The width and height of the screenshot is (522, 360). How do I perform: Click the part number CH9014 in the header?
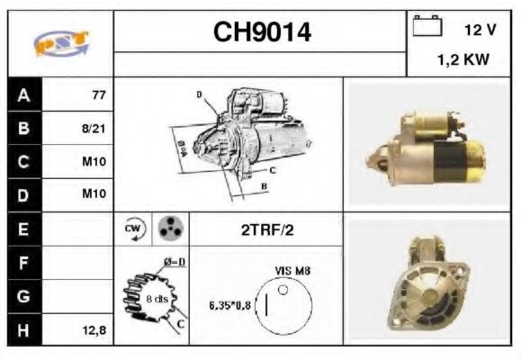tap(261, 32)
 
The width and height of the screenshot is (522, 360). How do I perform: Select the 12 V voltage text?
tap(480, 31)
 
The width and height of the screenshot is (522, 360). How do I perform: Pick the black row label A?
tap(22, 94)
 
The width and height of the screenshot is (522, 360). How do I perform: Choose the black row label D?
tap(22, 194)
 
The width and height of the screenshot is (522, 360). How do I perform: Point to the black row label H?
tap(22, 330)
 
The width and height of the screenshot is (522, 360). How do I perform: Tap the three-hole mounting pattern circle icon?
tap(167, 229)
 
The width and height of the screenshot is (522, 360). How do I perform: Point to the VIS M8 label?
tap(292, 269)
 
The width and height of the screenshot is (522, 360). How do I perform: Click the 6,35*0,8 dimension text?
tap(230, 305)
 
